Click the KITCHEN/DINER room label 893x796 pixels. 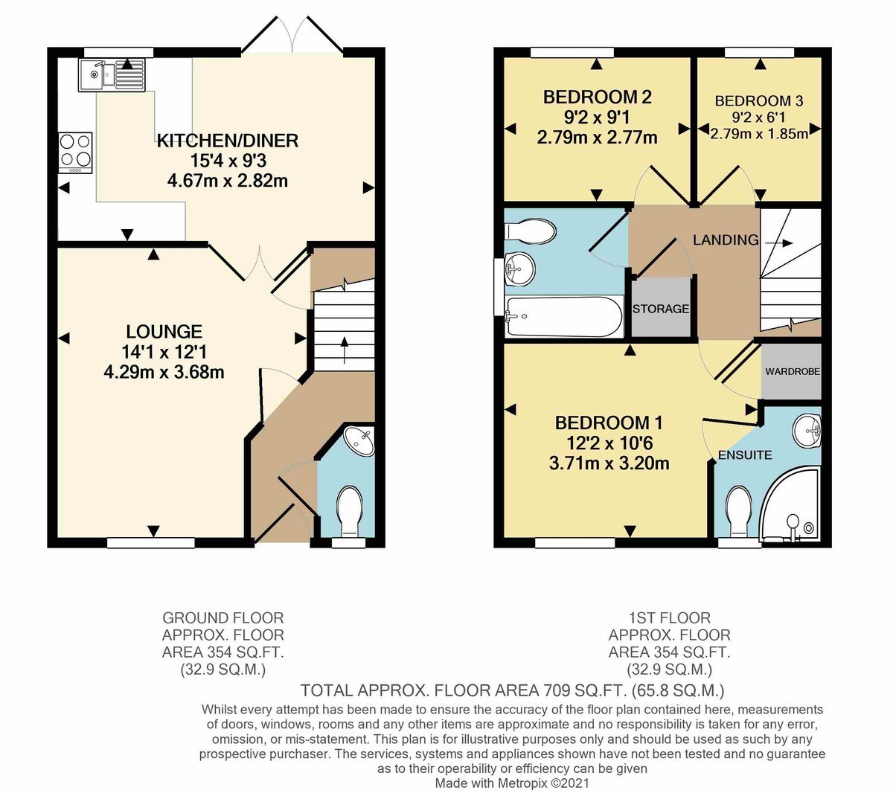pyautogui.click(x=227, y=141)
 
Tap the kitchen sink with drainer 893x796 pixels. pyautogui.click(x=112, y=74)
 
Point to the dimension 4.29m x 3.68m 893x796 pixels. pyautogui.click(x=164, y=371)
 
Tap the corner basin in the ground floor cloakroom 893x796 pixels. pyautogui.click(x=361, y=440)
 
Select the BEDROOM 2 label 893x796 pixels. pyautogui.click(x=597, y=97)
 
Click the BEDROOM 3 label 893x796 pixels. pyautogui.click(x=758, y=100)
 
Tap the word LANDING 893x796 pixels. pyautogui.click(x=726, y=240)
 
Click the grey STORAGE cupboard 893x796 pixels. pyautogui.click(x=661, y=307)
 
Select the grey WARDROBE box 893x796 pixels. pyautogui.click(x=792, y=370)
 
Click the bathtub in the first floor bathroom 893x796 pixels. pyautogui.click(x=563, y=316)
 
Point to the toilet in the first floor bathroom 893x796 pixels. pyautogui.click(x=531, y=231)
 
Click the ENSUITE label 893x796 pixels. pyautogui.click(x=745, y=455)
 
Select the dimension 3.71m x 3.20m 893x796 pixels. pyautogui.click(x=609, y=463)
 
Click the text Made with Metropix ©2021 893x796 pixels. pyautogui.click(x=512, y=783)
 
